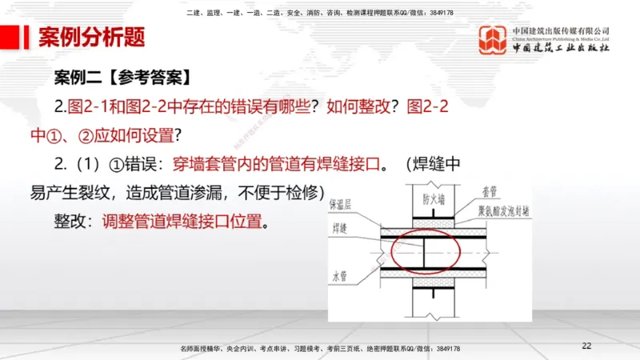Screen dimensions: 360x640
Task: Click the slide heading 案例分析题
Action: pos(91,38)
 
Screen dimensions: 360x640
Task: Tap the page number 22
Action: pos(587,346)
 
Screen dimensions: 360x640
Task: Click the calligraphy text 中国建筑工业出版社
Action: pos(561,49)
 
